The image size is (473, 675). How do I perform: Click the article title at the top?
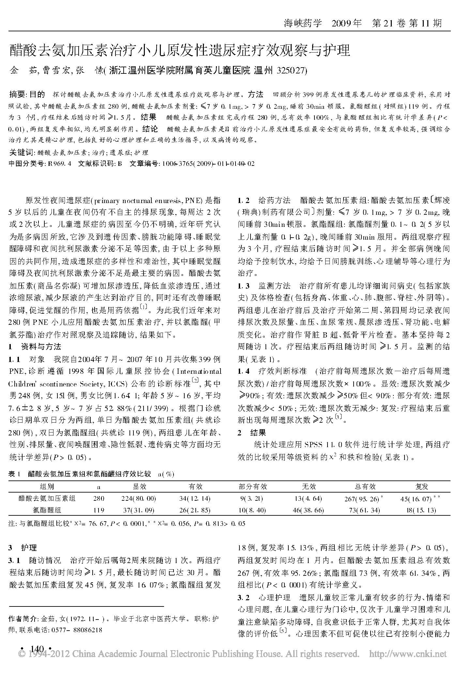[180, 51]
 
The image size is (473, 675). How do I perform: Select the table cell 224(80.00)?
[140, 498]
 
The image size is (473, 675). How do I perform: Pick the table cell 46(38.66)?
[309, 510]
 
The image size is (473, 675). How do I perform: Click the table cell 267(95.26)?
[363, 499]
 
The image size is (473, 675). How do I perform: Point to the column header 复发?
[421, 487]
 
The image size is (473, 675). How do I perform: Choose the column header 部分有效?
[253, 487]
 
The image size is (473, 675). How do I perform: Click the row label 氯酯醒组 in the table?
[47, 510]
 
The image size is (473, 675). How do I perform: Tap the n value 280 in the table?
[99, 498]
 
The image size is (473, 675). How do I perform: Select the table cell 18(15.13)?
[421, 510]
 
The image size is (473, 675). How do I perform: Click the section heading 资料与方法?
[41, 347]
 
